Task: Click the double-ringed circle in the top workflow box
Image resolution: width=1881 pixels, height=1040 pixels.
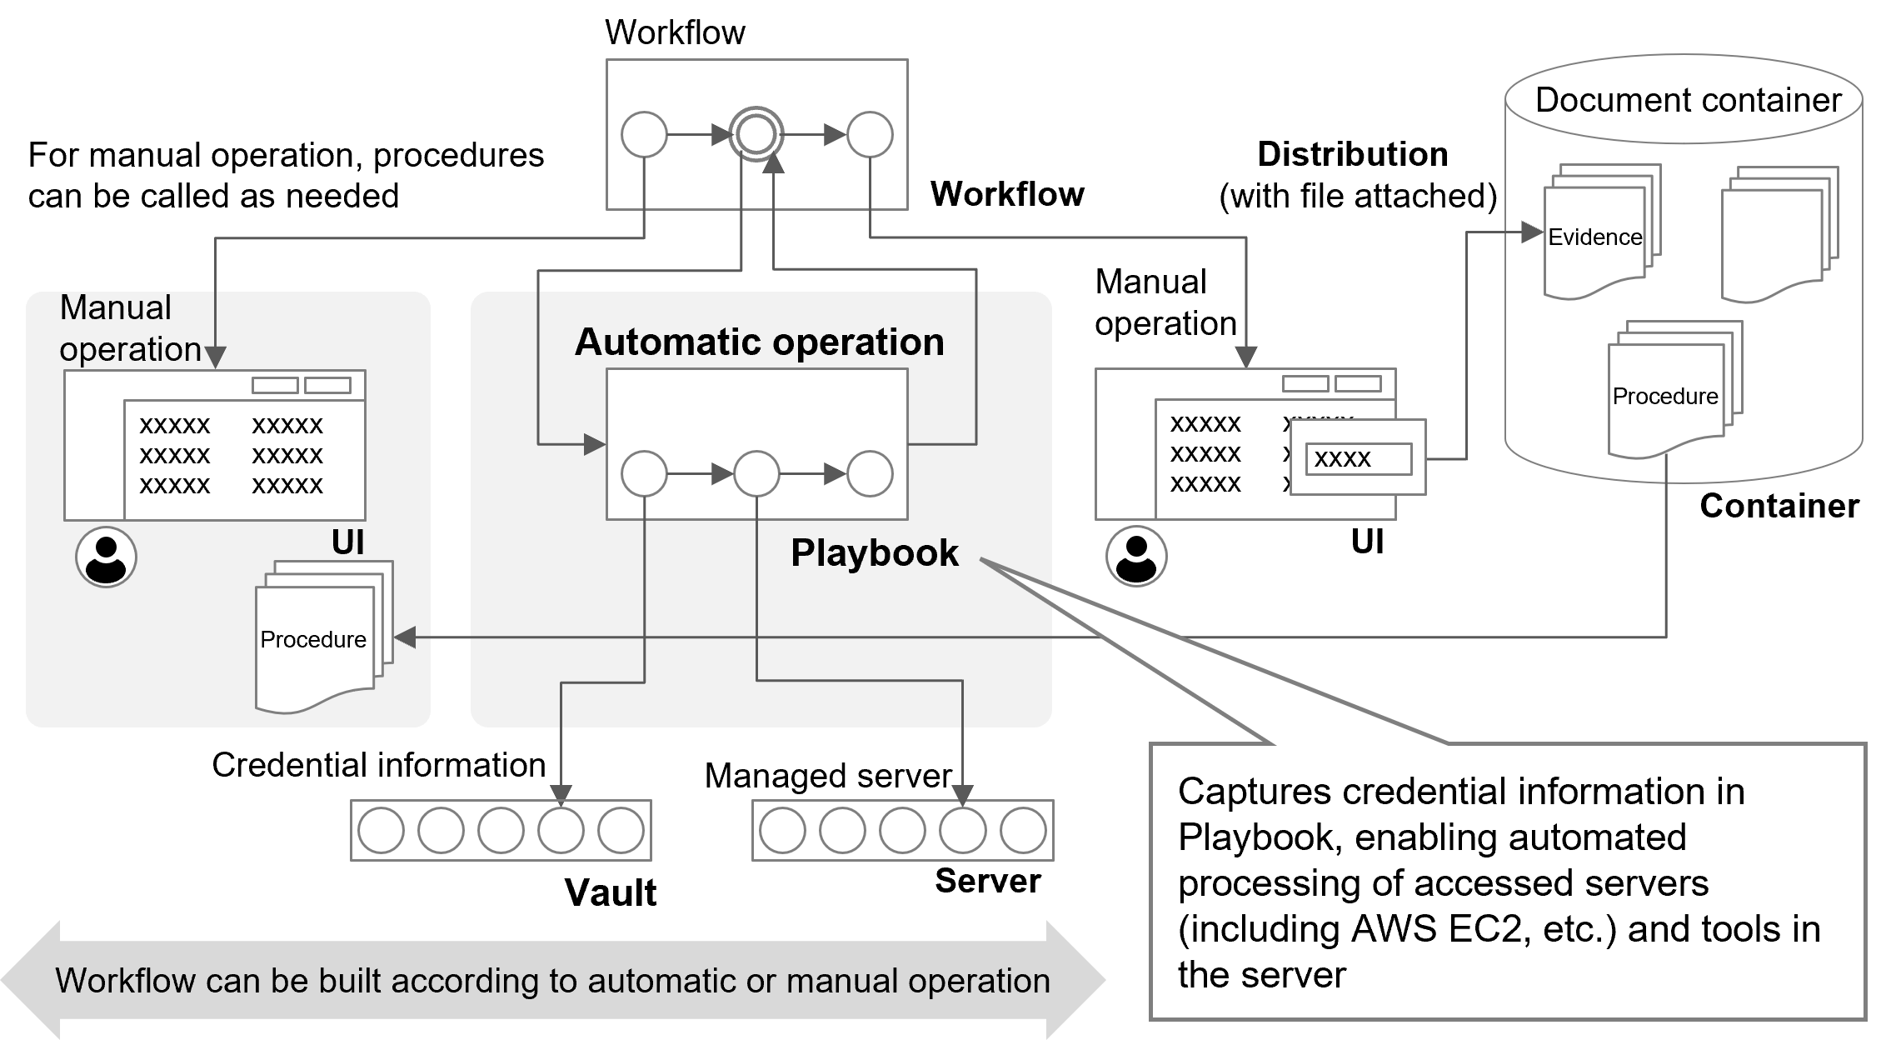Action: click(756, 134)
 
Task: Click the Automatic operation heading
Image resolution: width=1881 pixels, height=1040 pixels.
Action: click(759, 342)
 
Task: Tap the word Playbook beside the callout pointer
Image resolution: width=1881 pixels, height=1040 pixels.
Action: click(874, 552)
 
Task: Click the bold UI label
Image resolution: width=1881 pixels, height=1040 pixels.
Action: click(347, 542)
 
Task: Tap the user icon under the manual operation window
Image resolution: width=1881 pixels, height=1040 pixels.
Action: click(106, 557)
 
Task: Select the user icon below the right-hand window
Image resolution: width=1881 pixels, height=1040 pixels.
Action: click(1136, 556)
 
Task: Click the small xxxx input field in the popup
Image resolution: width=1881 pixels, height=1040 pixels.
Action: click(1358, 458)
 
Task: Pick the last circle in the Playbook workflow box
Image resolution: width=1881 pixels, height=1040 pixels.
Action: click(870, 474)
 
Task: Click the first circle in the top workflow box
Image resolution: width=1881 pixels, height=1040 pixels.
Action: click(644, 134)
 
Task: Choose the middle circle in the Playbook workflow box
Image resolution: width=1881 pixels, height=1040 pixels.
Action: click(756, 474)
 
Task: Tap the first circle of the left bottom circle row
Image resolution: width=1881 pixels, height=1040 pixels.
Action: click(381, 831)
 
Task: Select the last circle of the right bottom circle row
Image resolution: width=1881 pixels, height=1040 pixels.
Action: click(1023, 831)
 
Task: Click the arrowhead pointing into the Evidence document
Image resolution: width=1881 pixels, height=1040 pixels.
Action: click(1532, 232)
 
